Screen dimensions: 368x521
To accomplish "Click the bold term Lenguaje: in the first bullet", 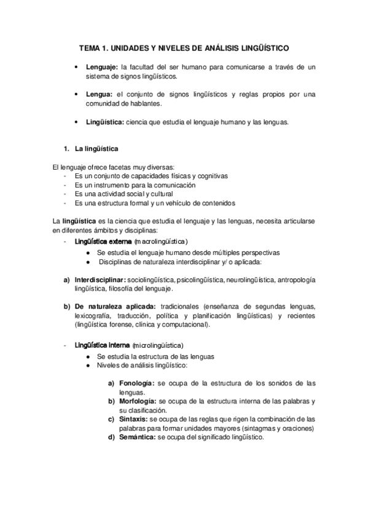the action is click(103, 67).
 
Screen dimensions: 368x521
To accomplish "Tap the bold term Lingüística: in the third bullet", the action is click(105, 122).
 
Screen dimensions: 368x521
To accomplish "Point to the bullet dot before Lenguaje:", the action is click(75, 67).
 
